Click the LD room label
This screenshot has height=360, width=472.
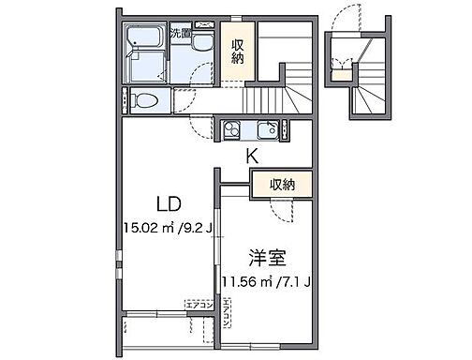(x=168, y=203)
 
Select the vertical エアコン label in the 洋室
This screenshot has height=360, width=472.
(x=227, y=317)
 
